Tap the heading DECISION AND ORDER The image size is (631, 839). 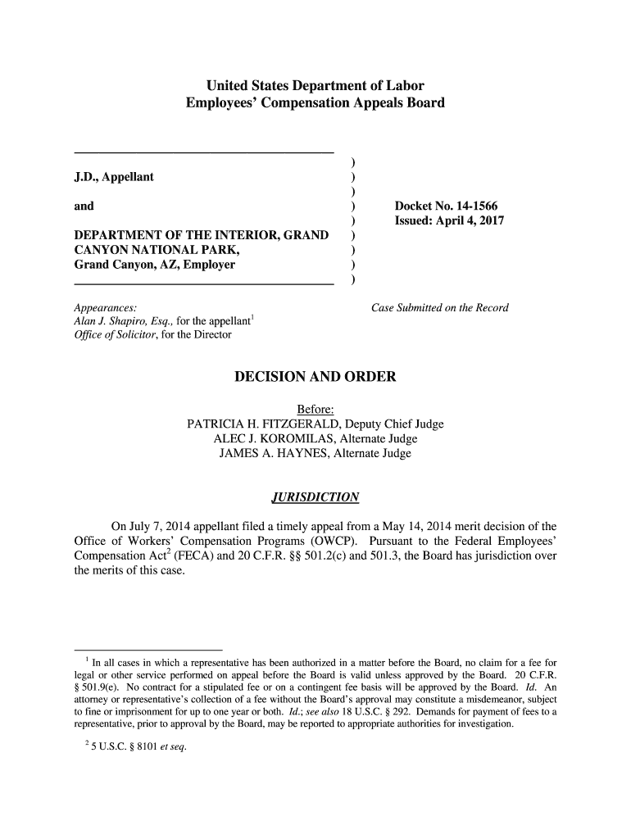(x=315, y=377)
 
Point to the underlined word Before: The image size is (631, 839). (x=315, y=410)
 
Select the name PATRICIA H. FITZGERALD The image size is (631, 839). (x=264, y=424)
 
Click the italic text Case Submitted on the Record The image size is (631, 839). (x=440, y=308)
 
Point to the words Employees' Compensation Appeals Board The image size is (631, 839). (x=315, y=104)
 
